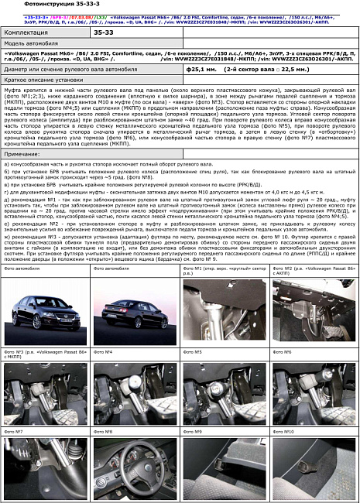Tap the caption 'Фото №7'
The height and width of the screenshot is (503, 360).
coord(13,431)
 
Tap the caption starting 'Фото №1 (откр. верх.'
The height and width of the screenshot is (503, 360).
coord(225,269)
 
